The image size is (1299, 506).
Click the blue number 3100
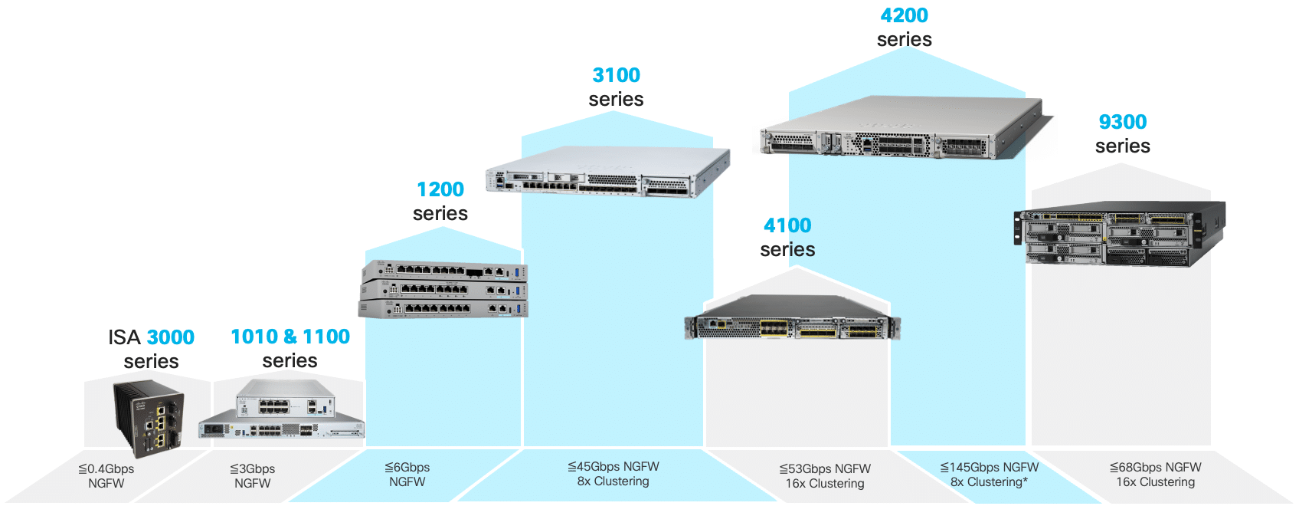tap(616, 75)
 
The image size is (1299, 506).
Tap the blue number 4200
tap(904, 15)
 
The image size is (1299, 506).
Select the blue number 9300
tap(1122, 122)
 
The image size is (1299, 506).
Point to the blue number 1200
tap(440, 189)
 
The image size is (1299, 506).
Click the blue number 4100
tap(787, 225)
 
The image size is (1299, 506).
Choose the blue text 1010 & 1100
tap(290, 337)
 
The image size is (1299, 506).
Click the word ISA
tap(124, 337)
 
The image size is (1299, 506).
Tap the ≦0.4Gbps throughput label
tap(106, 468)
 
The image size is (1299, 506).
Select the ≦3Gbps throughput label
tap(252, 468)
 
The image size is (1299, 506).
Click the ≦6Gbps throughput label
tap(407, 467)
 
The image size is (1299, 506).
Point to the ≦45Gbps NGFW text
tap(613, 466)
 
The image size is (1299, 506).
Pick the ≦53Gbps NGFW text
tap(825, 468)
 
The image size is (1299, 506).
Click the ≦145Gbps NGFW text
tap(989, 467)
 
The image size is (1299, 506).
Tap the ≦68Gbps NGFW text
tap(1155, 467)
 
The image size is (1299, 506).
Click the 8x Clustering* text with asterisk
tap(989, 482)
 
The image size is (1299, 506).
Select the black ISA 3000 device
tap(149, 418)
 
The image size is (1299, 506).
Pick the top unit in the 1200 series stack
tap(444, 271)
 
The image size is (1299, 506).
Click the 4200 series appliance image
tap(904, 129)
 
